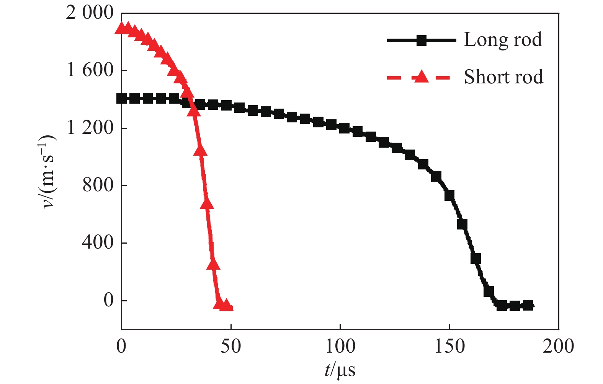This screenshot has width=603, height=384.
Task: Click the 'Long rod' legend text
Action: point(503,40)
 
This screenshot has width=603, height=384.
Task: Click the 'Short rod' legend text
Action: point(503,77)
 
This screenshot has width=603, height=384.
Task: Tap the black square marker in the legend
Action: point(422,40)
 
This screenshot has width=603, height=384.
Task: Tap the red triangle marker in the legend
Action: point(422,77)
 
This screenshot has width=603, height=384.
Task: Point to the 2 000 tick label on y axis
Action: point(90,13)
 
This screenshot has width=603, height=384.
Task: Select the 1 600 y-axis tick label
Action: point(90,70)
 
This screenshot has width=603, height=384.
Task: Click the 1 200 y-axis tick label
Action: point(90,128)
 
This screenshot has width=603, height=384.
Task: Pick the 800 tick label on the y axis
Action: point(98,185)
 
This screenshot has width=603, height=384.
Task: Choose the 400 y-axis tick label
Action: point(98,242)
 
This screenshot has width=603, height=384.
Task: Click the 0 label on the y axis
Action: point(109,300)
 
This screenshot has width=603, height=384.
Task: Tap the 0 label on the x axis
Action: point(121,346)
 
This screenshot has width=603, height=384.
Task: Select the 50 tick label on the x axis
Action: point(231,346)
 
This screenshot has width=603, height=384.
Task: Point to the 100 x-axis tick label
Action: point(340,346)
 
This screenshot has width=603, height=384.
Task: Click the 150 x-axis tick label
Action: point(449,346)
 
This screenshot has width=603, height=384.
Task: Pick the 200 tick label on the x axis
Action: point(558,346)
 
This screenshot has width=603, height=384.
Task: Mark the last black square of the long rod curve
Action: point(528,305)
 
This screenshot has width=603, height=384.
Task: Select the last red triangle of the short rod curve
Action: point(227,305)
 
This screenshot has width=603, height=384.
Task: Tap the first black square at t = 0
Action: point(122,98)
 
